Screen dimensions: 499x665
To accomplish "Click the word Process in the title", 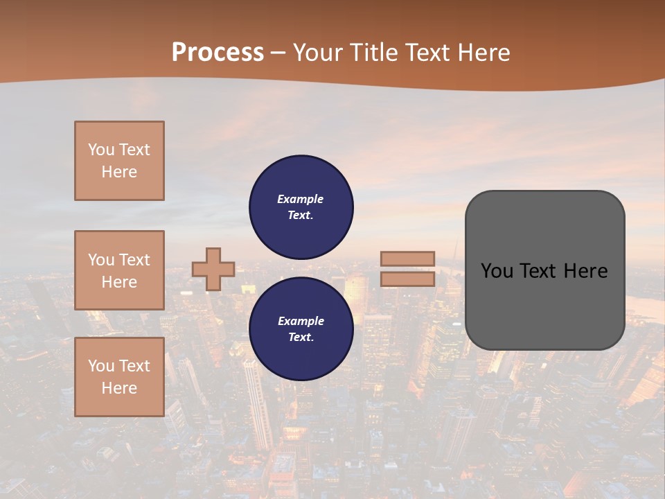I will (218, 52).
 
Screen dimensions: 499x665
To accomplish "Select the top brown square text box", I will (119, 161).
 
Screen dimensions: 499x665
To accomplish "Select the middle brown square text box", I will (119, 270).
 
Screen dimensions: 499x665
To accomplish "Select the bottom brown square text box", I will (119, 377).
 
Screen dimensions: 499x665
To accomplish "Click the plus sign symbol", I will (213, 269).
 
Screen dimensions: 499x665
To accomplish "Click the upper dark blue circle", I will (301, 207).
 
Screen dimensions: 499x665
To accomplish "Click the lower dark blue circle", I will (301, 329).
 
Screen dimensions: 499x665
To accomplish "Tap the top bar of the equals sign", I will (407, 259).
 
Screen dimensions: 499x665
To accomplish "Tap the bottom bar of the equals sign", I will (407, 279).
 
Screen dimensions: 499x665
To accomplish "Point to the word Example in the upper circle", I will (300, 199).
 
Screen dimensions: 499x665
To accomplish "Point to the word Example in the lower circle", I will (300, 321).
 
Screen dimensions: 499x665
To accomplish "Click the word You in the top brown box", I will (101, 150).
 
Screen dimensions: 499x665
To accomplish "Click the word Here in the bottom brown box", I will (119, 388).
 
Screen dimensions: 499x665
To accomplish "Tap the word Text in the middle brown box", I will (134, 260).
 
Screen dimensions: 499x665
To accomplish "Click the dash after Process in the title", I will (278, 53).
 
